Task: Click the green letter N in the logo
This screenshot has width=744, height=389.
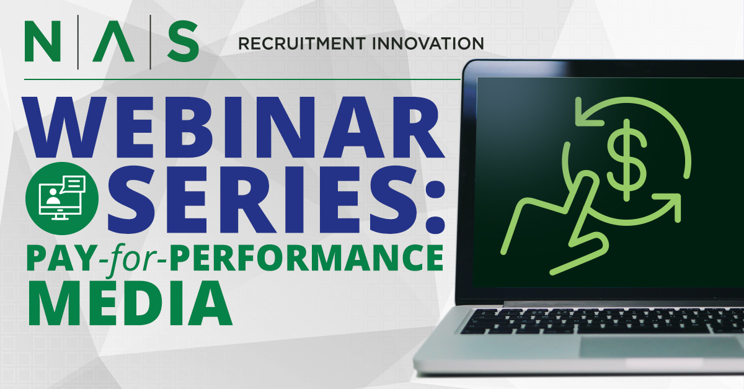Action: [43, 41]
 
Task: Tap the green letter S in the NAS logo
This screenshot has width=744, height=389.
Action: [183, 41]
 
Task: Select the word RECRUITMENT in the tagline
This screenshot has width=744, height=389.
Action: [302, 43]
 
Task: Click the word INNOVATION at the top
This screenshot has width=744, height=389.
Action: [428, 43]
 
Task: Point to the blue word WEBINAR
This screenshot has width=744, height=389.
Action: [234, 127]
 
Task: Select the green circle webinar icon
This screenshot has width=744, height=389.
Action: [62, 199]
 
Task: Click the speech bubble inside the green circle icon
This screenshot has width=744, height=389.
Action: [73, 184]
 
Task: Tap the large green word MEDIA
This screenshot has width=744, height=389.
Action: [130, 303]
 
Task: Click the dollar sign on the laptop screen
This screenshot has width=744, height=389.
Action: [626, 160]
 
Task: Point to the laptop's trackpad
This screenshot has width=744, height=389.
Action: [661, 347]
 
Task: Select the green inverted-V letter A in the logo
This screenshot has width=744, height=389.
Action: [113, 41]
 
